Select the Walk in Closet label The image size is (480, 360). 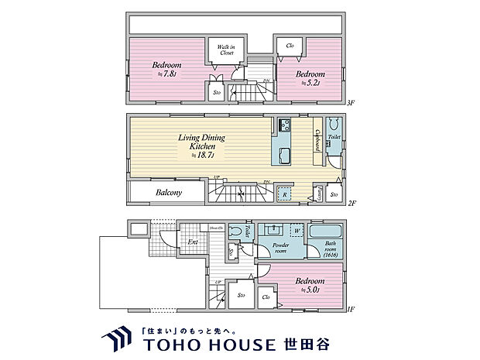(x=226, y=50)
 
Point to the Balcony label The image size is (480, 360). (x=169, y=192)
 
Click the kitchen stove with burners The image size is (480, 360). (x=283, y=125)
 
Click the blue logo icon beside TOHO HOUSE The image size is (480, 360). (x=118, y=338)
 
